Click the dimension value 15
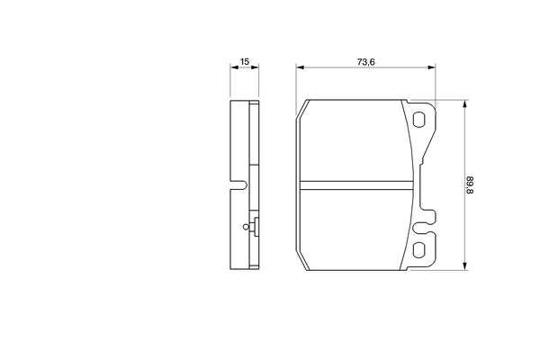[x=245, y=62]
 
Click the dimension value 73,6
[x=365, y=62]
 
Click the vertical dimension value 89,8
[x=471, y=185]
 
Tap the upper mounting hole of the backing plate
[x=418, y=119]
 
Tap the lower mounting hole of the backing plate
[x=418, y=250]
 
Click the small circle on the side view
[x=246, y=227]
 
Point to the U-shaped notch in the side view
[x=238, y=185]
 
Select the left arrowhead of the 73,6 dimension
[x=300, y=67]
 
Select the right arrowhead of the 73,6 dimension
[x=431, y=67]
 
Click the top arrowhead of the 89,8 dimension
[x=465, y=104]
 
